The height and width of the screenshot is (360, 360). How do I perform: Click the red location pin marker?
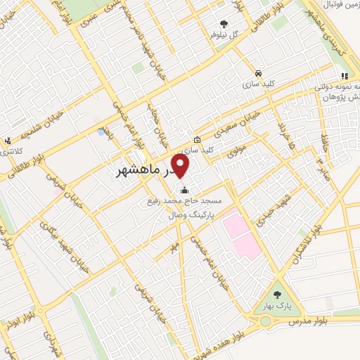tap(181, 166)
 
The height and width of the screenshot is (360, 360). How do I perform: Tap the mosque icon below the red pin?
tap(185, 190)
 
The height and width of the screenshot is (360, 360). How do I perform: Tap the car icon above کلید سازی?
tap(259, 73)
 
